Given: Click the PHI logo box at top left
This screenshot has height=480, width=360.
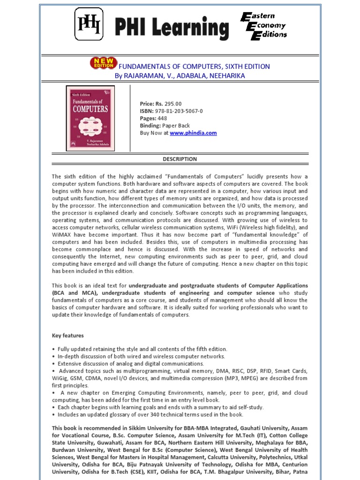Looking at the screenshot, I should [x=89, y=24].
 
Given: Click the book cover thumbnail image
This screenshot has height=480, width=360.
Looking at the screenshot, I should [x=90, y=118].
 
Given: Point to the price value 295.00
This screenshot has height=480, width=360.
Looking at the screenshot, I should [x=172, y=104].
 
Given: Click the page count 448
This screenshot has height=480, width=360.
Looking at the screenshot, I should [x=162, y=119].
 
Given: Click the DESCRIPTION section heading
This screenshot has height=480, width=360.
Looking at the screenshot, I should [x=180, y=159].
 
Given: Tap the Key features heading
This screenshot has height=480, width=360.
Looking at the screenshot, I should [x=67, y=336].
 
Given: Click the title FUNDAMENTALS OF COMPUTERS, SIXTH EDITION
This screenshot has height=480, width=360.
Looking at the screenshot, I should [x=194, y=67].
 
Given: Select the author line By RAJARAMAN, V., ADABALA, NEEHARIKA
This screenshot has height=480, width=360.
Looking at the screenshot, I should [x=180, y=75].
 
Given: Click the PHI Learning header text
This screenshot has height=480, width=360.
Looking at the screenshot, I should [x=172, y=28].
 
